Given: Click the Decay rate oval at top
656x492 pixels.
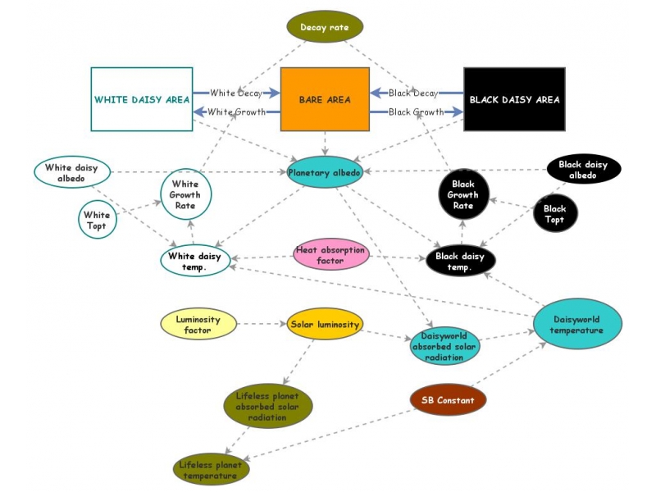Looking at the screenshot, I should (325, 26).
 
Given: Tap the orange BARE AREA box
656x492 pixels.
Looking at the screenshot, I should (325, 100).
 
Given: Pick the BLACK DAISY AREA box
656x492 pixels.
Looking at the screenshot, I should (514, 100).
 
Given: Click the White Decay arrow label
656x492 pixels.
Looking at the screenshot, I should (235, 93).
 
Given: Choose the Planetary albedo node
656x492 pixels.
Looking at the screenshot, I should (325, 172).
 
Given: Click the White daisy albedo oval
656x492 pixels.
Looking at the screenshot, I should (71, 173).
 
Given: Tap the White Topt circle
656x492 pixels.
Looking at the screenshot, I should (98, 220).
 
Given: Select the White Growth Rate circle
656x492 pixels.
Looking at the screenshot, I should (185, 195).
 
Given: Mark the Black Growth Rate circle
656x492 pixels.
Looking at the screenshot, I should (463, 195).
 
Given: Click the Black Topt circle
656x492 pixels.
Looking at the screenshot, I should (555, 215).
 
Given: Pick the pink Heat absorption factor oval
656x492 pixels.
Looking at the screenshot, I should (330, 255).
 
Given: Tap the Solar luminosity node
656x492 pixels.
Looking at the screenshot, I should (325, 325).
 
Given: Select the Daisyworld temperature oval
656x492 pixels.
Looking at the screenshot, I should (578, 326).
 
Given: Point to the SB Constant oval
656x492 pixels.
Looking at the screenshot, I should (448, 400).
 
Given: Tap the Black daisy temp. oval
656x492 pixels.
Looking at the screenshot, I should (460, 262).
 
